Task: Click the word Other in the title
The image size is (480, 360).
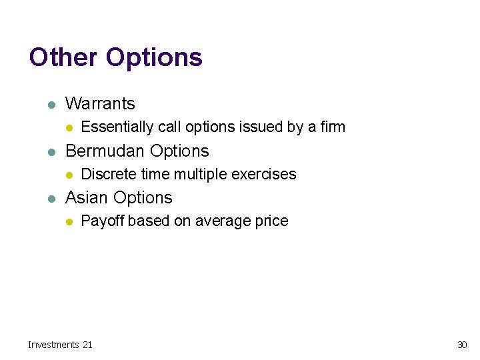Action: point(63,57)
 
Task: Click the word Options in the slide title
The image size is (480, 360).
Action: point(154,57)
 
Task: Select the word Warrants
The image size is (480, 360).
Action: point(100,104)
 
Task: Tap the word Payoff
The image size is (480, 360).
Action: point(102,221)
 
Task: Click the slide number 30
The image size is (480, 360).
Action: point(461,345)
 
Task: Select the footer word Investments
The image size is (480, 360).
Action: point(53,345)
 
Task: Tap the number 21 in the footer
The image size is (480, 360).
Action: point(87,345)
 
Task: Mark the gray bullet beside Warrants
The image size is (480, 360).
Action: point(49,105)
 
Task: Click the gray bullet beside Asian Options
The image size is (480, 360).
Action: point(49,199)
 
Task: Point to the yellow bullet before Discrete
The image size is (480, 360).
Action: point(67,175)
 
